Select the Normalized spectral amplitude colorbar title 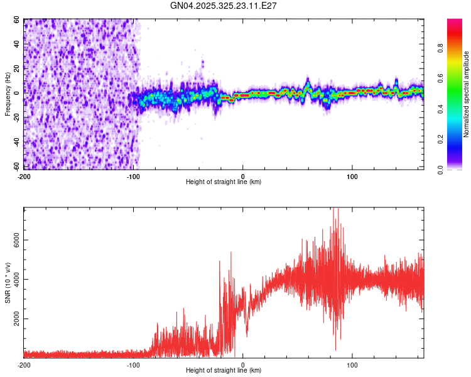467,94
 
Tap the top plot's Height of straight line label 224,182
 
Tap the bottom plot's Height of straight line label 224,370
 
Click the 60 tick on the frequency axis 17,19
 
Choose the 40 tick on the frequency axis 17,44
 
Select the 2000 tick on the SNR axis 17,319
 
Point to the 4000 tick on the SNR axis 17,280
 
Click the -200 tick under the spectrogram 24,175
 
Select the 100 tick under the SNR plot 352,364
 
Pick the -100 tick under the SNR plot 133,364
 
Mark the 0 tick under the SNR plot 243,364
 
